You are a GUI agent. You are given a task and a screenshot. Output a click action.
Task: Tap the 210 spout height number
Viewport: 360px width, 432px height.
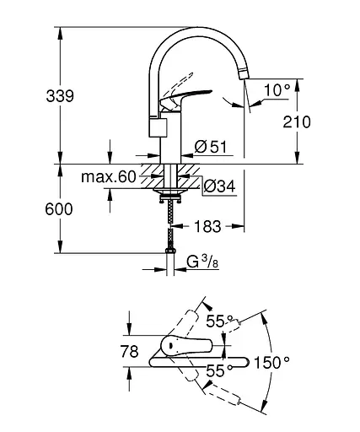tap(297, 122)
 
